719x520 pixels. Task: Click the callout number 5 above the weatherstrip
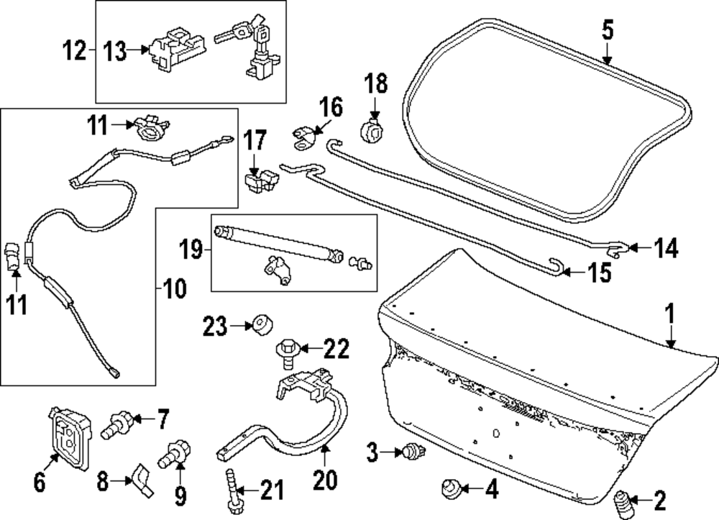(x=607, y=32)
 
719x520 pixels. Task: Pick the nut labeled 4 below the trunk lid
(x=449, y=491)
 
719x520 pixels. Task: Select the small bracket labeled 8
(x=140, y=480)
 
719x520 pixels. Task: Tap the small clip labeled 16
(x=303, y=137)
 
